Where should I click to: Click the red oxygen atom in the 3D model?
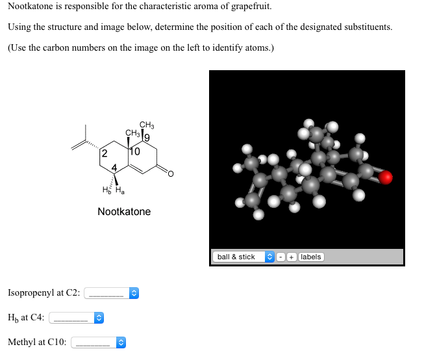[x=386, y=177]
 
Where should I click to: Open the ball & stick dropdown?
[x=244, y=257]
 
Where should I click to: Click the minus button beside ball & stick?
[x=282, y=257]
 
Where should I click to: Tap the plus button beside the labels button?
[x=292, y=257]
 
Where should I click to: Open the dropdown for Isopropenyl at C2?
[x=112, y=293]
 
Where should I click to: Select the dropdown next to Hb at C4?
[x=77, y=318]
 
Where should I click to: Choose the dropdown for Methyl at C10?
[x=98, y=342]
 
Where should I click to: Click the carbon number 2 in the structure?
[x=104, y=154]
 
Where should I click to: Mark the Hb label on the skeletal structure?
[x=107, y=190]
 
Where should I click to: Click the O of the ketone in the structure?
[x=171, y=174]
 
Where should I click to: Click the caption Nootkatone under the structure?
[x=124, y=211]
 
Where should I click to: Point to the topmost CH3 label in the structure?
[x=146, y=125]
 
